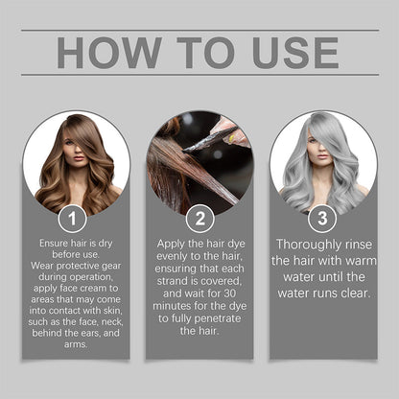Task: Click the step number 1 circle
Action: point(72,220)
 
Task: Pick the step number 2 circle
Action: point(199,220)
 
